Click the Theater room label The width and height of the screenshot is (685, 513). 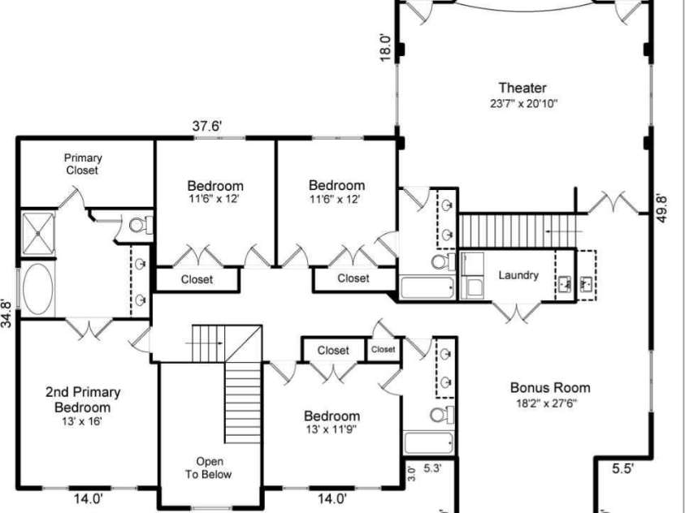[522, 88]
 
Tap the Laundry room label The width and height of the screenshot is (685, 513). [518, 275]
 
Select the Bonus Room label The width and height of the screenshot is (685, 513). [550, 388]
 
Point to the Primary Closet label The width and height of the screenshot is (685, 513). [82, 164]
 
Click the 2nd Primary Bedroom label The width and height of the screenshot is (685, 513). [82, 399]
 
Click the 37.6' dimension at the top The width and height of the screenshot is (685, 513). [207, 126]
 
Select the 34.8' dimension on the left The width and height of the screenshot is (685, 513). [7, 313]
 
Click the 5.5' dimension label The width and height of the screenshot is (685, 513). [623, 468]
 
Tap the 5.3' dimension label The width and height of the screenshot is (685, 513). [432, 468]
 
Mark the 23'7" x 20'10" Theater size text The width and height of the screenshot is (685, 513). [522, 103]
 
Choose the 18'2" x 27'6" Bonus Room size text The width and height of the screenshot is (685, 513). [550, 403]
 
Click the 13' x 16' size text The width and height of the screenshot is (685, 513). [82, 421]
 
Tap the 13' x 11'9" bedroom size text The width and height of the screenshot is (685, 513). [332, 429]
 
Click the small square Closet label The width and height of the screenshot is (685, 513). [383, 350]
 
